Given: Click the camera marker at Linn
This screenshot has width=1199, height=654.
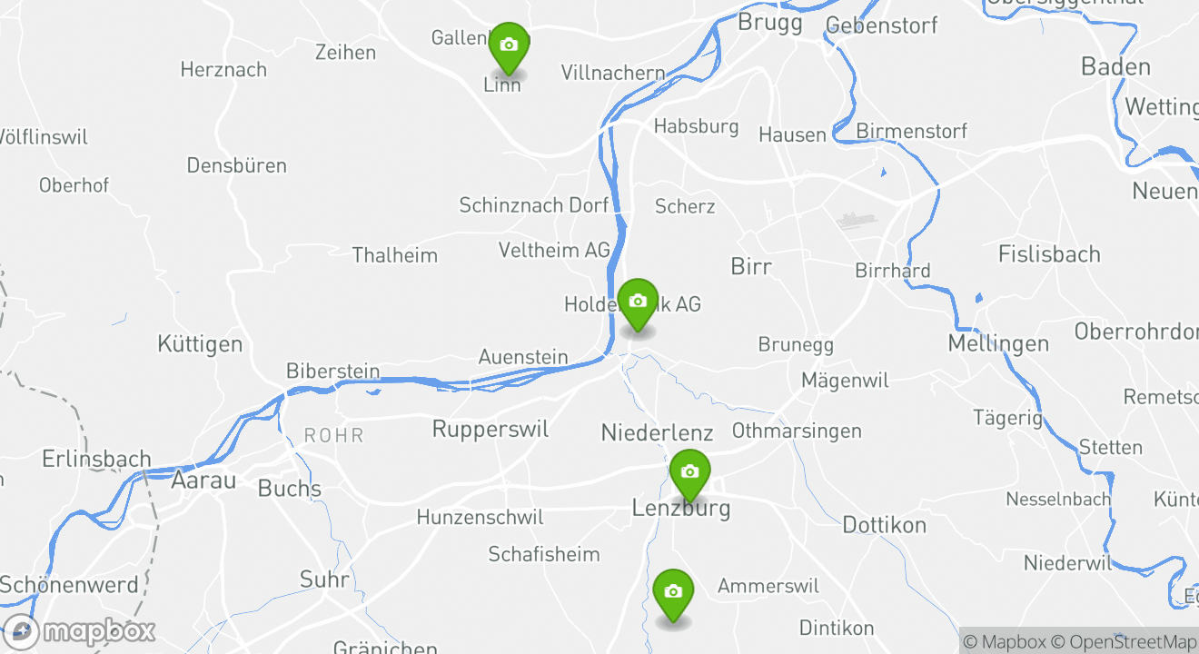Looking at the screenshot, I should coord(509,45).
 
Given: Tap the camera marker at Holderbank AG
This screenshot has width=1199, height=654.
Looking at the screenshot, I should coord(638,302).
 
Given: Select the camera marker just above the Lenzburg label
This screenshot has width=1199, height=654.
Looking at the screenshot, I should coord(689,472).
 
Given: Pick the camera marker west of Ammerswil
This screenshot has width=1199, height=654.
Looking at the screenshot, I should coord(673,592).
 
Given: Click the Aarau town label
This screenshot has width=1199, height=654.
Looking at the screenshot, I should coord(203,481).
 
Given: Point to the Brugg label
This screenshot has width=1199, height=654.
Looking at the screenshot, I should coord(770,22).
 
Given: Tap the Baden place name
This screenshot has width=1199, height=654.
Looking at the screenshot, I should coord(1115,66).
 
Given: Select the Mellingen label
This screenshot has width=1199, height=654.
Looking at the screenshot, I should coord(998,343).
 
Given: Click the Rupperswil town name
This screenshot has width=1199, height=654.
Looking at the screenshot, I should coord(490,429).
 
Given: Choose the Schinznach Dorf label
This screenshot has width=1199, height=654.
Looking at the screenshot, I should coord(534,205).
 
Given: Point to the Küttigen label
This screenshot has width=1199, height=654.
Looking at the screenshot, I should coord(200,344).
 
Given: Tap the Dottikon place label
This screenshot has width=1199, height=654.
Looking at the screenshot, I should coord(885,525).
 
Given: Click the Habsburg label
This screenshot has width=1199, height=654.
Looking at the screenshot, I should coord(697,126).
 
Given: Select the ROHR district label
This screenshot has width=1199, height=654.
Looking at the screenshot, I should coord(334,436).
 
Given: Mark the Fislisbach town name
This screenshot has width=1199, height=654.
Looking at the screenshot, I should coord(1049,254).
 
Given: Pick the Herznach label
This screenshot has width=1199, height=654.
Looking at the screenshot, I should coord(223,70).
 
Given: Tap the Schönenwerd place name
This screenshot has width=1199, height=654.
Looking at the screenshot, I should coord(70,585).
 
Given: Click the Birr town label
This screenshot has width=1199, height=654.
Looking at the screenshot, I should coord(751,266).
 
